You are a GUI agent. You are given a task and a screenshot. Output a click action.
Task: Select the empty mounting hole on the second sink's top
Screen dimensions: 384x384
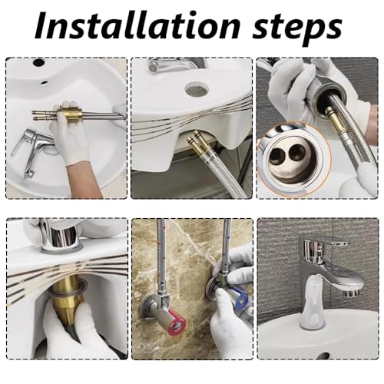197,89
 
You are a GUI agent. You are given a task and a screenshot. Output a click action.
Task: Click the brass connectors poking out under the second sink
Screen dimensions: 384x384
196,144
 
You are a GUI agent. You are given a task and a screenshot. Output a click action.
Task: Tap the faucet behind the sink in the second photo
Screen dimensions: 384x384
174,66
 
